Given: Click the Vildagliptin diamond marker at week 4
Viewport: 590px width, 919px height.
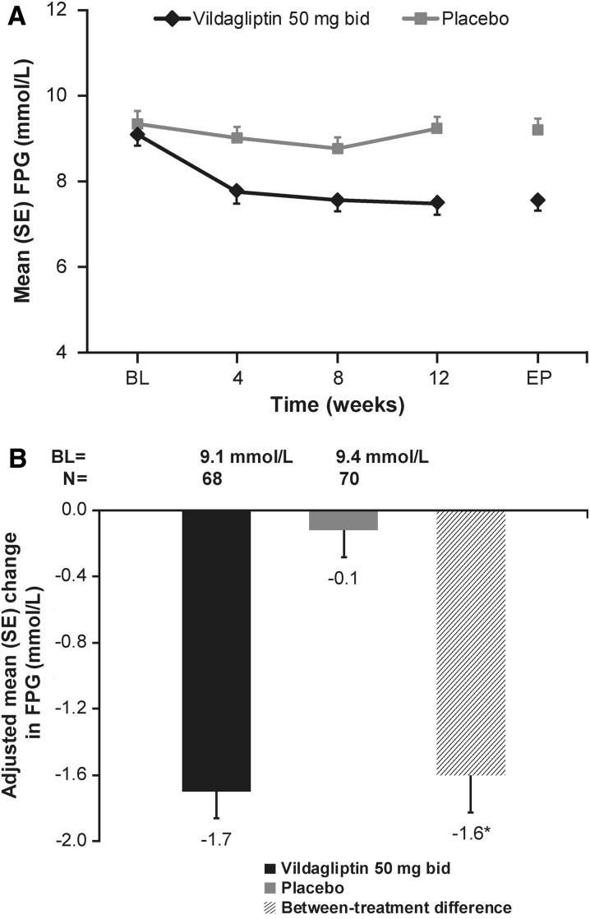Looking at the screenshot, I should coord(237,192).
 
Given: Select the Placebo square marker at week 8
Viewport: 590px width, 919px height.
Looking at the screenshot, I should coord(337,148).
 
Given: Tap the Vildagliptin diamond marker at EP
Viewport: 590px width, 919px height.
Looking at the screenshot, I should coord(537,201).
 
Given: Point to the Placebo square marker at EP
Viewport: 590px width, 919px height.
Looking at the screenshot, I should coord(537,129).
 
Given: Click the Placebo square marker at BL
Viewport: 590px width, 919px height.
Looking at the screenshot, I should coord(138,124).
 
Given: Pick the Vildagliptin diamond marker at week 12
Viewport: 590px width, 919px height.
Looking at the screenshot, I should coord(436,203).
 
